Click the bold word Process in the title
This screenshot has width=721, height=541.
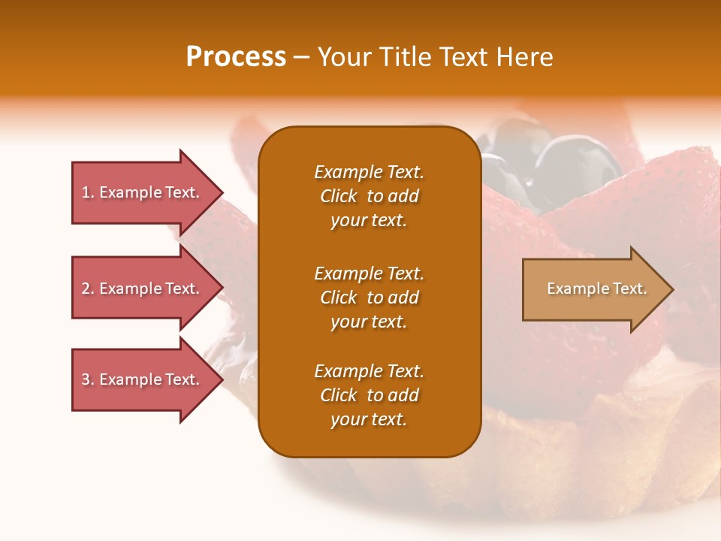pyautogui.click(x=236, y=57)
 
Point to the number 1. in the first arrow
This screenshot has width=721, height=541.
pyautogui.click(x=88, y=192)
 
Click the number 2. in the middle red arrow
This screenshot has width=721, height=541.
pyautogui.click(x=88, y=289)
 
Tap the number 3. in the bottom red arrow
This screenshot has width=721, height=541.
pyautogui.click(x=88, y=379)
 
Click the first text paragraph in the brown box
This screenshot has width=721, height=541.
pyautogui.click(x=369, y=196)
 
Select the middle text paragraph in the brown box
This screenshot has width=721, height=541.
pyautogui.click(x=369, y=298)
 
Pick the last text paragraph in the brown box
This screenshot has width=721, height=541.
pyautogui.click(x=369, y=395)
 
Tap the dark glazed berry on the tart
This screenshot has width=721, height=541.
pyautogui.click(x=578, y=162)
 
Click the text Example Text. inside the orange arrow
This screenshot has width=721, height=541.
pyautogui.click(x=596, y=289)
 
